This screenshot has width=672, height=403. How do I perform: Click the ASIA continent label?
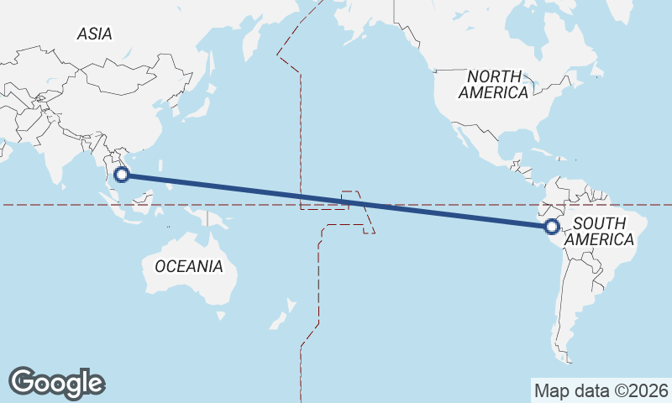click(94, 34)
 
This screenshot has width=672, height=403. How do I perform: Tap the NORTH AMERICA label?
click(493, 85)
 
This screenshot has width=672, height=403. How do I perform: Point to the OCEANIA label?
click(189, 267)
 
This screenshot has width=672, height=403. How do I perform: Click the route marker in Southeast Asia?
click(121, 175)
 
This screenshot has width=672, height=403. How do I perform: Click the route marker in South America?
click(552, 226)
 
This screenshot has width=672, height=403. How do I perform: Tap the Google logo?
click(56, 382)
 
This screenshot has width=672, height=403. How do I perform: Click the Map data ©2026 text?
click(601, 390)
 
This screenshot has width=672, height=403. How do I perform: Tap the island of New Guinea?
click(217, 220)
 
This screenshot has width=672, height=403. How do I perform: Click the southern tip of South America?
click(568, 359)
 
